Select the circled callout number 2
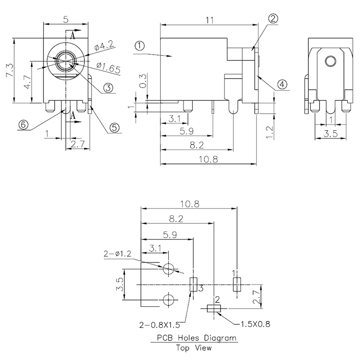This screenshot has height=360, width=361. [x=273, y=19]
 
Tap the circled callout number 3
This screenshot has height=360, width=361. [x=108, y=88]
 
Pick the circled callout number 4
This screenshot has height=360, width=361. [x=282, y=84]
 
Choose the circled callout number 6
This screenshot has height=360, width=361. [x=23, y=124]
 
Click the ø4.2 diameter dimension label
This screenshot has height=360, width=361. [x=103, y=46]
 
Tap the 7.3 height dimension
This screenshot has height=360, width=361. [x=9, y=70]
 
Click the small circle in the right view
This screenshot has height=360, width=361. [x=330, y=61]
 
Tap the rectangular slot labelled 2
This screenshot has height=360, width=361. [x=214, y=308]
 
